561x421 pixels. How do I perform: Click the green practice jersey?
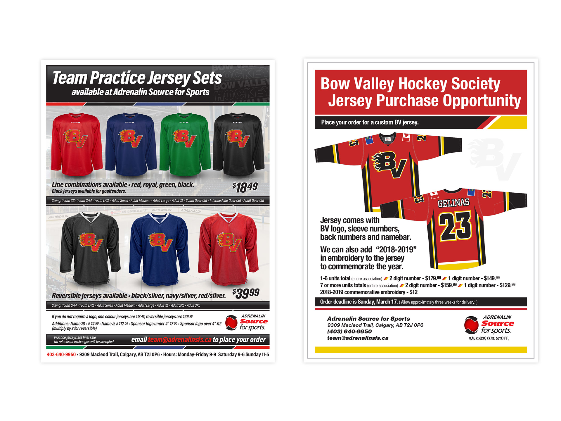point(185,145)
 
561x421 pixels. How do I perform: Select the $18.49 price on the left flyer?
point(245,187)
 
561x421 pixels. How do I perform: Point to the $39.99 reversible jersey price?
point(246,293)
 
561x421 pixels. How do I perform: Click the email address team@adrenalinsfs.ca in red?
point(179,340)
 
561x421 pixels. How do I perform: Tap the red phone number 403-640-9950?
point(61,355)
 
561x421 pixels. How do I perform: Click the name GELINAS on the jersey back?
point(453,203)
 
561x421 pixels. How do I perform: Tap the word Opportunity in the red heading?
point(482,101)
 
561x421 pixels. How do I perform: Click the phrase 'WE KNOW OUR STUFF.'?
point(489,339)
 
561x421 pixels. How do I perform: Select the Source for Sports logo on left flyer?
point(246,323)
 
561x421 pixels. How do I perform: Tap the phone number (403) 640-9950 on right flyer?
point(349,332)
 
